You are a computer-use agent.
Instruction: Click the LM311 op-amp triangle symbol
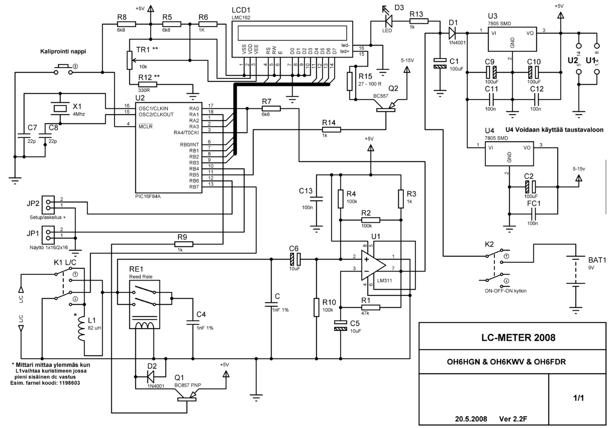[x=373, y=265]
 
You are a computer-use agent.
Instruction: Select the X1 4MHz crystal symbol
[x=60, y=108]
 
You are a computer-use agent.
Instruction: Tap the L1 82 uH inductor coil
[x=81, y=329]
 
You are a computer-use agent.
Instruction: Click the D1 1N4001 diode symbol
[x=452, y=33]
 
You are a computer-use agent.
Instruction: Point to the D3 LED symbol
[x=389, y=19]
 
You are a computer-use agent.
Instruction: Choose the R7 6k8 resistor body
[x=271, y=109]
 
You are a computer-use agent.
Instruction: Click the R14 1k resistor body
[x=332, y=130]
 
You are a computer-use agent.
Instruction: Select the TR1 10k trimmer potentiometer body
[x=129, y=60]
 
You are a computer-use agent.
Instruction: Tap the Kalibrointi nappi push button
[x=64, y=69]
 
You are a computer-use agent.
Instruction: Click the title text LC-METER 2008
[x=518, y=338]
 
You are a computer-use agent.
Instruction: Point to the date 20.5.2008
[x=471, y=419]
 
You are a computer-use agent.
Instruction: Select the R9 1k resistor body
[x=184, y=244]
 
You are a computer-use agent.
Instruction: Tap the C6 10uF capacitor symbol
[x=295, y=259]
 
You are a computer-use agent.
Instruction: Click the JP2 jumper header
[x=48, y=205]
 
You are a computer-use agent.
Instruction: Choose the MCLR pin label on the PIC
[x=146, y=126]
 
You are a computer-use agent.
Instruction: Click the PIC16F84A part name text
[x=147, y=196]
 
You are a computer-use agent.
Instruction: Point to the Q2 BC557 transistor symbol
[x=386, y=106]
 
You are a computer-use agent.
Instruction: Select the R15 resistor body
[x=350, y=81]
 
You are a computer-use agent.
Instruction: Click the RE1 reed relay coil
[x=144, y=325]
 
